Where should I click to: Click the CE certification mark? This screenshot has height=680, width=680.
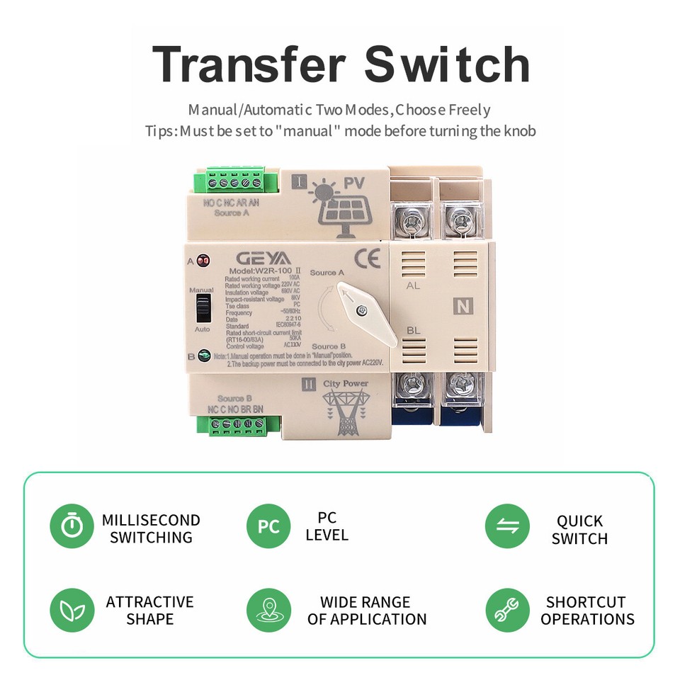coord(366,257)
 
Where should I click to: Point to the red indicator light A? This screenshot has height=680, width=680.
coord(203,261)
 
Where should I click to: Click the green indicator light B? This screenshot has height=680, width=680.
coord(203,356)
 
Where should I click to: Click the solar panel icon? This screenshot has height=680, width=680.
coord(341,210)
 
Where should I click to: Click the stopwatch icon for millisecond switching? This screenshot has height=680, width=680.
coord(72,527)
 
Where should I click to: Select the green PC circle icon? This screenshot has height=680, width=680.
coord(268,527)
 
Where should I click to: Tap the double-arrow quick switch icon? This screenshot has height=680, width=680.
coord(507,527)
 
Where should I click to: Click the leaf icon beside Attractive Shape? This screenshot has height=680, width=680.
coord(72,610)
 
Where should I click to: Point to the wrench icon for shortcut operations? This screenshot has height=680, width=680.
coord(507,610)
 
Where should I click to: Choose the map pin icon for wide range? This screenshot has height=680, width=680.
coord(268,610)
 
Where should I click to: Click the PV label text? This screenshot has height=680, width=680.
coord(355,183)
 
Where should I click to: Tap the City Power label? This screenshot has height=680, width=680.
coord(346,384)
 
